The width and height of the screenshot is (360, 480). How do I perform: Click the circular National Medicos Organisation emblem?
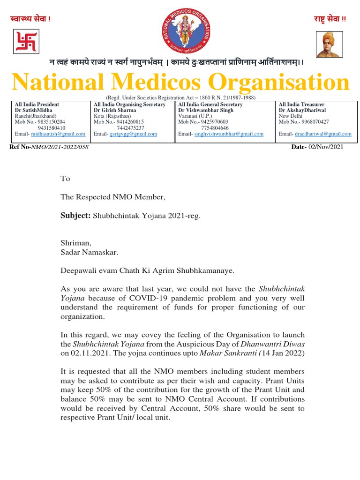click(186, 31)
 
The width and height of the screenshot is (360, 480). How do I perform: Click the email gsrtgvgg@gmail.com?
click(134, 134)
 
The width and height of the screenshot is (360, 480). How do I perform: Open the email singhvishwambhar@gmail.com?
click(229, 134)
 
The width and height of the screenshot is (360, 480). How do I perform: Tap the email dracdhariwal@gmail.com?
click(323, 134)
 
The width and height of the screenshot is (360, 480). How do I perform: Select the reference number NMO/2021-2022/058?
click(60, 147)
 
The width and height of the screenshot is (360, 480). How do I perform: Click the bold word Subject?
click(75, 215)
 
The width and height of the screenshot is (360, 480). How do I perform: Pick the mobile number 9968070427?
click(314, 122)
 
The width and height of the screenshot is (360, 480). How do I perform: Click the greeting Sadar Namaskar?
click(90, 252)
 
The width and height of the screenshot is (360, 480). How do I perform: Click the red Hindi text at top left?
click(30, 19)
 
